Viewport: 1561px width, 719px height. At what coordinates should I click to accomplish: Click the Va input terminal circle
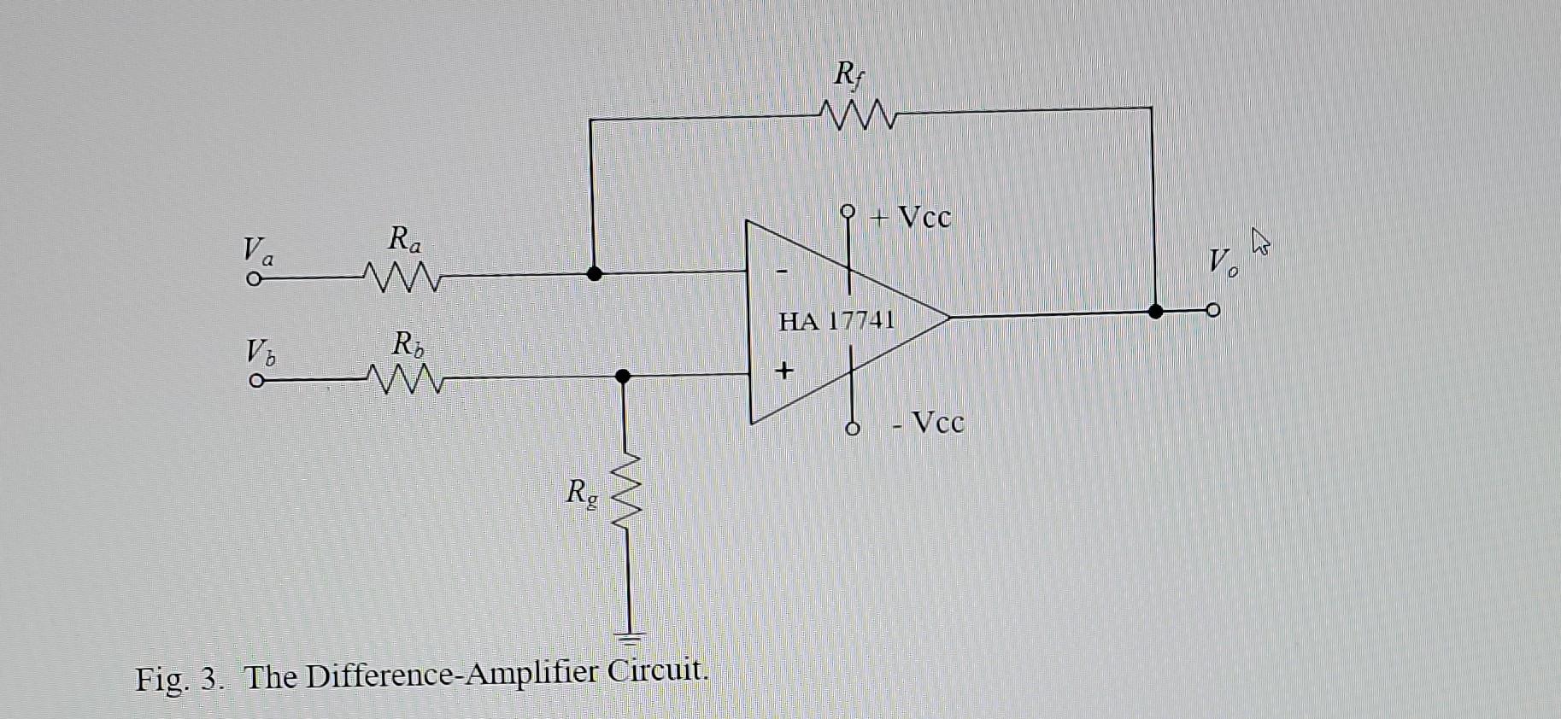(253, 279)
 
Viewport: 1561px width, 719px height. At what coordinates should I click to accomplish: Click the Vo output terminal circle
(1212, 310)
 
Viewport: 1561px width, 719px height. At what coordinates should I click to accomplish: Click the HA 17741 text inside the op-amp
(836, 322)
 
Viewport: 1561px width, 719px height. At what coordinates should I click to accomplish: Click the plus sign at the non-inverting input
(783, 371)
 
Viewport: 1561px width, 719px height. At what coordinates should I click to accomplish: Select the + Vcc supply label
(911, 218)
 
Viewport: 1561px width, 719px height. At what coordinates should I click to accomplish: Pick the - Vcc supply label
(929, 422)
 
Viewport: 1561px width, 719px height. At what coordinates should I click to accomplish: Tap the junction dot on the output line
(1155, 312)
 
